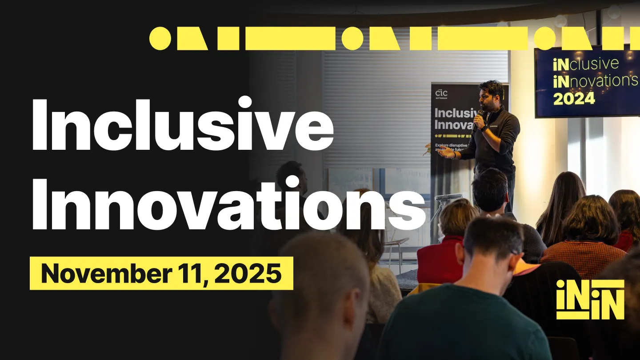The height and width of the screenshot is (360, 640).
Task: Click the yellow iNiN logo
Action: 590,299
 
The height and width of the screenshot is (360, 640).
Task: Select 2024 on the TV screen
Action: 574,98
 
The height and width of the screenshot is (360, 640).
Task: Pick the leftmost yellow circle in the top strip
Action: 160,38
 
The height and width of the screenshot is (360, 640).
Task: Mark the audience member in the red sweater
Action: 440,253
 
